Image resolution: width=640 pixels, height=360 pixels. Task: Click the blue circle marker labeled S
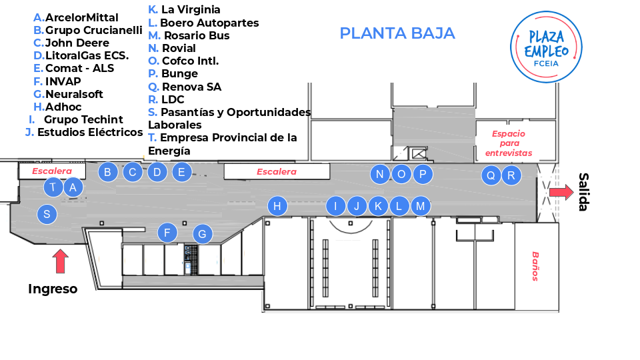click(47, 214)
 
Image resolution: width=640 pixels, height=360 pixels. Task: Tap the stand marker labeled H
click(277, 206)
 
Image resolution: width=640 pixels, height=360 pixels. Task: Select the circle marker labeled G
click(202, 234)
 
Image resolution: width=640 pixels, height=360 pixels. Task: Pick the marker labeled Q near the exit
click(491, 175)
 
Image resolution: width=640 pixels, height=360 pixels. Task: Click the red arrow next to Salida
click(561, 193)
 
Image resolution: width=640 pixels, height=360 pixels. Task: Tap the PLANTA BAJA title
click(397, 33)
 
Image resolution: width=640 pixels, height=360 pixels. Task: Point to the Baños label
click(535, 265)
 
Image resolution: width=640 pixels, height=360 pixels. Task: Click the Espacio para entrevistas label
click(509, 143)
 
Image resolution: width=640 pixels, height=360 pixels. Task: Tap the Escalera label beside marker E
click(277, 172)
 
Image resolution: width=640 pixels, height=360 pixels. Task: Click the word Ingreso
click(53, 289)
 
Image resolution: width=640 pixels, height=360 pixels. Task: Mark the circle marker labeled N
click(380, 175)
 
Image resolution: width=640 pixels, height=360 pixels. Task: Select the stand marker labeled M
click(420, 206)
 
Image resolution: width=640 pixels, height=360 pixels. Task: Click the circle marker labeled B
click(107, 172)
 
